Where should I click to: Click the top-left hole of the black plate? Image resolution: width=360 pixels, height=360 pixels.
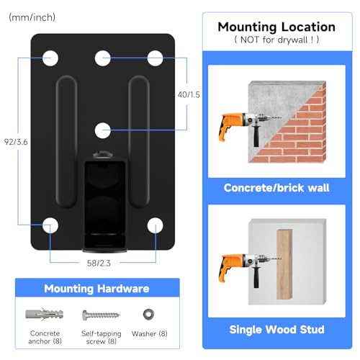pyautogui.click(x=50, y=56)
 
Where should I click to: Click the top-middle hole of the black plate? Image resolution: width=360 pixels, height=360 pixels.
pyautogui.click(x=103, y=56)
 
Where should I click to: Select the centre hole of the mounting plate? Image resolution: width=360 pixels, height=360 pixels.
pyautogui.click(x=103, y=130)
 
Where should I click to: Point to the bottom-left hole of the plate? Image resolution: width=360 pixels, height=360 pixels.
pyautogui.click(x=50, y=225)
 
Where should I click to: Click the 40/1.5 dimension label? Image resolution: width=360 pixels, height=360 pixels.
pyautogui.click(x=189, y=94)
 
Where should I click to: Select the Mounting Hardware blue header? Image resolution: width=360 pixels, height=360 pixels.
pyautogui.click(x=96, y=289)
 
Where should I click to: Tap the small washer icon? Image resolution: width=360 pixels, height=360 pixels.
pyautogui.click(x=149, y=315)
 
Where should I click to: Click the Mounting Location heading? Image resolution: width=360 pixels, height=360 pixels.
pyautogui.click(x=276, y=27)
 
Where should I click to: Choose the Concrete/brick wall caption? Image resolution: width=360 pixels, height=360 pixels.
pyautogui.click(x=276, y=187)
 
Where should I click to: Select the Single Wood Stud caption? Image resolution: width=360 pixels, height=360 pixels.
pyautogui.click(x=276, y=330)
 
